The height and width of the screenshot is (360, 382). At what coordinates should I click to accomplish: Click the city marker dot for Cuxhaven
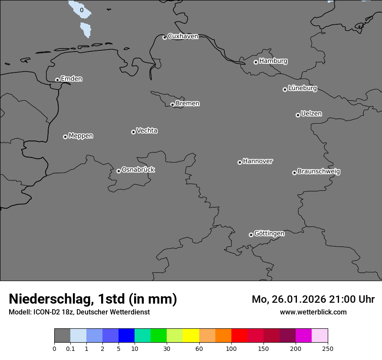tap(165, 37)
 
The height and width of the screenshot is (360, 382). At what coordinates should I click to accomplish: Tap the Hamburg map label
tap(273, 61)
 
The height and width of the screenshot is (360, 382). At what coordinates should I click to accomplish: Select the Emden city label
tap(71, 79)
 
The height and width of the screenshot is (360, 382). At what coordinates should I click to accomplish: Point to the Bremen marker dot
tap(172, 105)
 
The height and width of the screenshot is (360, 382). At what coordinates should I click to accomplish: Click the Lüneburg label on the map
tap(302, 88)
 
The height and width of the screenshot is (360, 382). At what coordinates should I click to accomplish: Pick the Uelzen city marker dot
tap(298, 115)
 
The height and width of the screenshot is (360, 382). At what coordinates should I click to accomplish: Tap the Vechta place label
tap(147, 131)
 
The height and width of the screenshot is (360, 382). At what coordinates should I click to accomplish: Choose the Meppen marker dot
tap(65, 137)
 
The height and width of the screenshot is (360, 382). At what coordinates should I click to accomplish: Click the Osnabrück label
tap(138, 170)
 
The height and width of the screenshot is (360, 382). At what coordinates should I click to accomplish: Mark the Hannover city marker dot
tap(240, 162)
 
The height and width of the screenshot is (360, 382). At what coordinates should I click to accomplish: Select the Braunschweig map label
tap(319, 172)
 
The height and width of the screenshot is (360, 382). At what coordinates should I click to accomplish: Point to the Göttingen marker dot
tap(251, 235)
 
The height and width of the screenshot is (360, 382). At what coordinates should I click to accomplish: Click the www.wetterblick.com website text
tap(313, 312)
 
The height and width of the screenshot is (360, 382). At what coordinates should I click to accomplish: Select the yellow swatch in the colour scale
tap(191, 336)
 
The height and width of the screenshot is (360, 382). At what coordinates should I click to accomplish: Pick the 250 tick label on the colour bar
tap(327, 349)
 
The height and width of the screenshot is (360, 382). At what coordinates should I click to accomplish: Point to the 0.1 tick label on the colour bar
tap(70, 349)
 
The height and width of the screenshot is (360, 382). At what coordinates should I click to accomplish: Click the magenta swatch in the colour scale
tap(303, 336)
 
